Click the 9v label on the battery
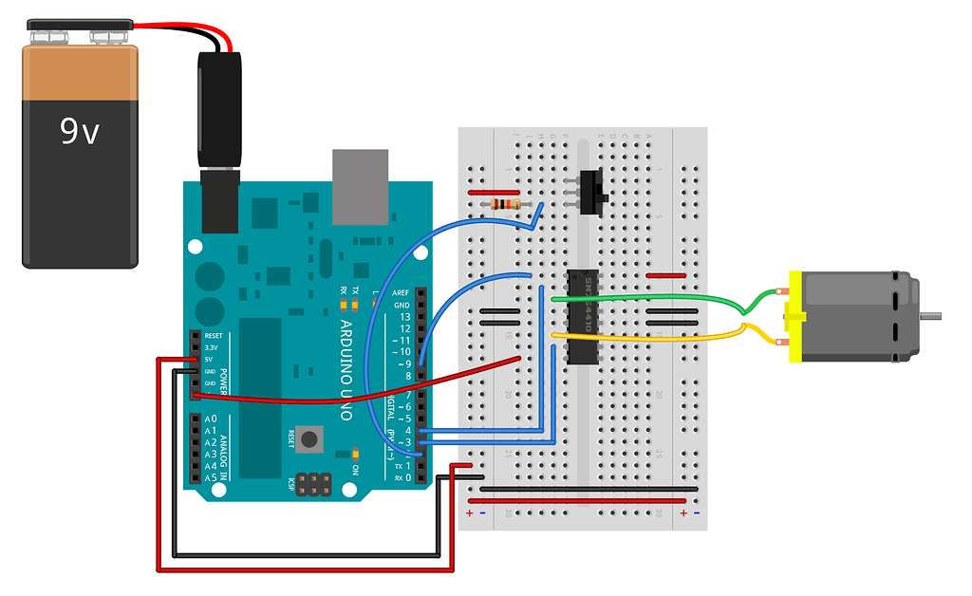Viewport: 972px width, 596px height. pos(80,131)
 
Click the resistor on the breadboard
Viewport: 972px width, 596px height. pos(501,204)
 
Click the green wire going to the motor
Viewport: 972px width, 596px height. pos(664,299)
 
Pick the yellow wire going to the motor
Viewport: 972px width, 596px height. pos(664,335)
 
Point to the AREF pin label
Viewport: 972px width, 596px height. pos(402,293)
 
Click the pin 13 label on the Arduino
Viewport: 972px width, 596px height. pos(405,316)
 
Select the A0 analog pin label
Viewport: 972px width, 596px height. pos(210,419)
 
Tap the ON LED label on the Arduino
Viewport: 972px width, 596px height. pos(355,470)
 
